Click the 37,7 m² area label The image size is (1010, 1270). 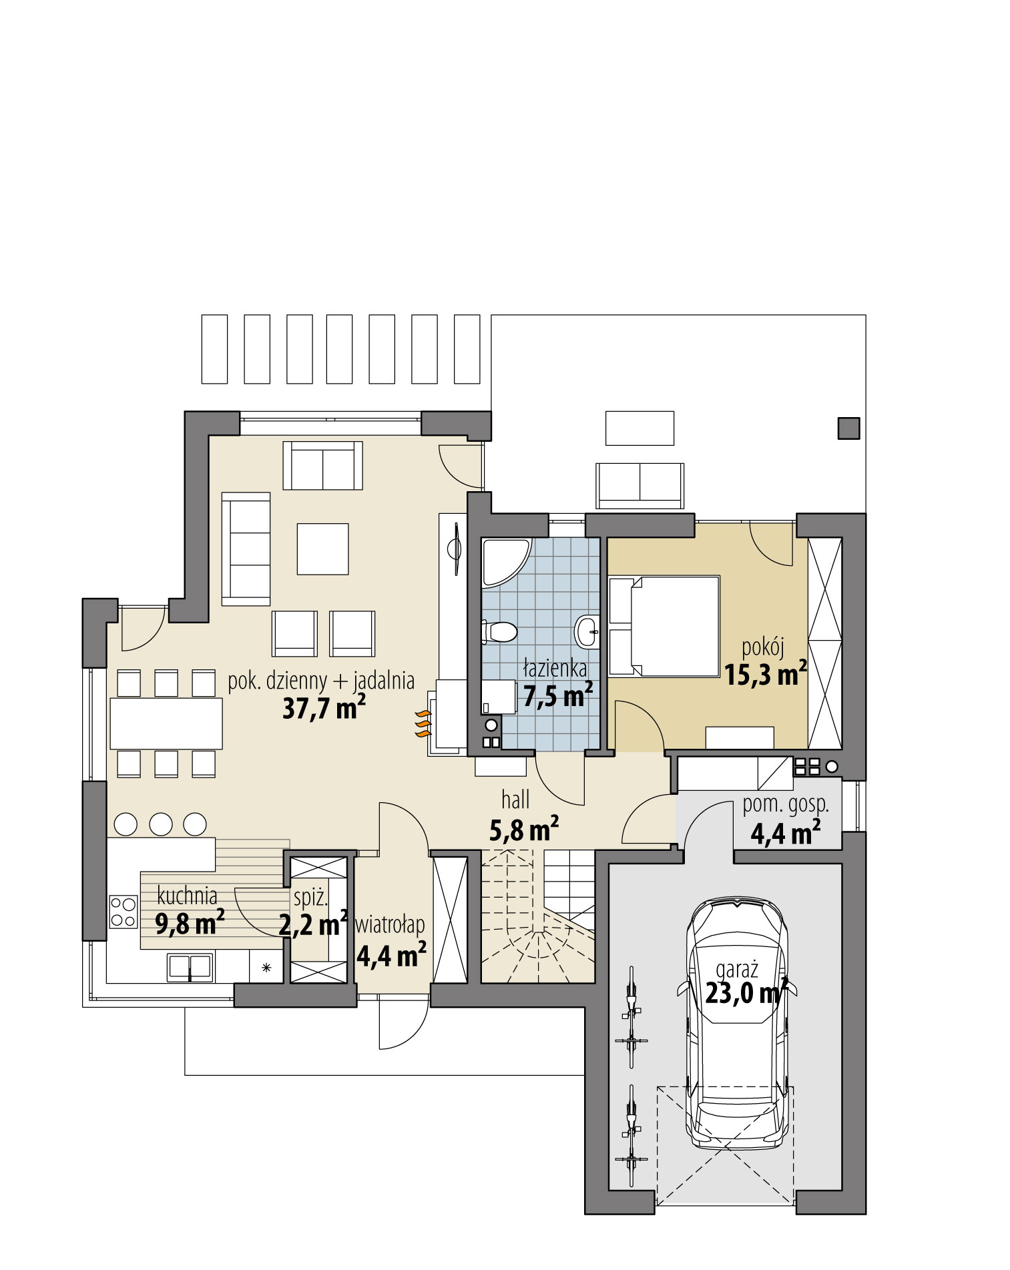(323, 708)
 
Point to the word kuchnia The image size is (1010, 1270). (187, 896)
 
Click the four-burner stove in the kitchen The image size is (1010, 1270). (123, 911)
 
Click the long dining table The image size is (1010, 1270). (166, 723)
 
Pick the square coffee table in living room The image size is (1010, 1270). (322, 549)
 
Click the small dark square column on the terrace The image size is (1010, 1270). (848, 428)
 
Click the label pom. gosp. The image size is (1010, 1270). (786, 804)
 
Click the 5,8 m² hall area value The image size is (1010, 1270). (524, 831)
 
